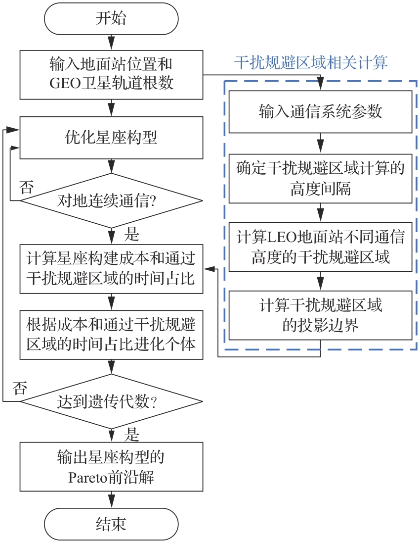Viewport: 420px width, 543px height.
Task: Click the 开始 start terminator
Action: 111,19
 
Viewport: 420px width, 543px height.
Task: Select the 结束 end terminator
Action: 111,524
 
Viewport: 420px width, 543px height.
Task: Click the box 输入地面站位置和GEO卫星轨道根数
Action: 111,74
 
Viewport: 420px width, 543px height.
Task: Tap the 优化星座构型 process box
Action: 111,137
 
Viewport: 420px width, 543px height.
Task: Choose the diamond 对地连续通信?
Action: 111,201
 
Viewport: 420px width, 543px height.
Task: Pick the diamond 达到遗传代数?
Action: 111,402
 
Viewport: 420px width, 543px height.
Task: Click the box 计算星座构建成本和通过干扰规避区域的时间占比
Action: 111,268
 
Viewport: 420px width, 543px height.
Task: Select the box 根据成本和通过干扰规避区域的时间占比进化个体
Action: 111,334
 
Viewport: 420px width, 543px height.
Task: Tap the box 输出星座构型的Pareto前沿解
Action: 111,467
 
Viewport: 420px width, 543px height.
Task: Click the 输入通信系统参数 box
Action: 320,111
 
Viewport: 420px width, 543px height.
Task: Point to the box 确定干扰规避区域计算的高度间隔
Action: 320,178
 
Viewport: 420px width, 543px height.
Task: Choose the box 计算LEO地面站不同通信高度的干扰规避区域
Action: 320,247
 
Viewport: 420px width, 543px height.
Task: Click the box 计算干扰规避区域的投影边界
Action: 320,315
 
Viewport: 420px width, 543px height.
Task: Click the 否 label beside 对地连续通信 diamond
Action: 27,188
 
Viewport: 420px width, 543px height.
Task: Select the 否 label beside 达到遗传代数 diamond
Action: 19,387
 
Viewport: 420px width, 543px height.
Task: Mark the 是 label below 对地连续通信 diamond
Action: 131,234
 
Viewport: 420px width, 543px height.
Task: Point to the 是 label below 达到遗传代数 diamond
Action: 131,435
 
